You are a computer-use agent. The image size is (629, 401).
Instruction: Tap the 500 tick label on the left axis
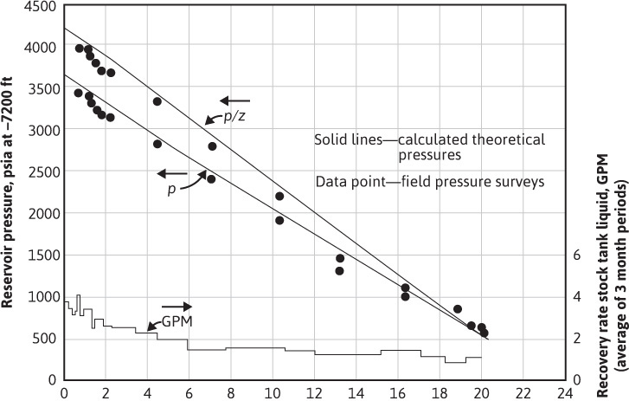[45, 338]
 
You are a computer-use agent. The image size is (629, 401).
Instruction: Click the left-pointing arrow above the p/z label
[235, 100]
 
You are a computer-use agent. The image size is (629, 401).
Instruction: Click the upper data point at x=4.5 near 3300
[157, 101]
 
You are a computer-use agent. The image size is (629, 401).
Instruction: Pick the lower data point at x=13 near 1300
[339, 271]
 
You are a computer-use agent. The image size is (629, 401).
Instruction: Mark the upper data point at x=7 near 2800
[212, 146]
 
